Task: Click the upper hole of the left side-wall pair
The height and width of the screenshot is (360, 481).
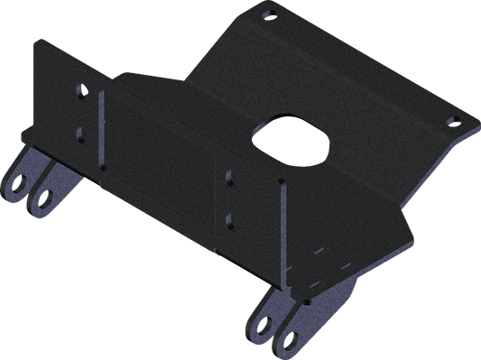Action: point(81,92)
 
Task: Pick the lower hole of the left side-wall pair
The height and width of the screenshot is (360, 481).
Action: point(81,133)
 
